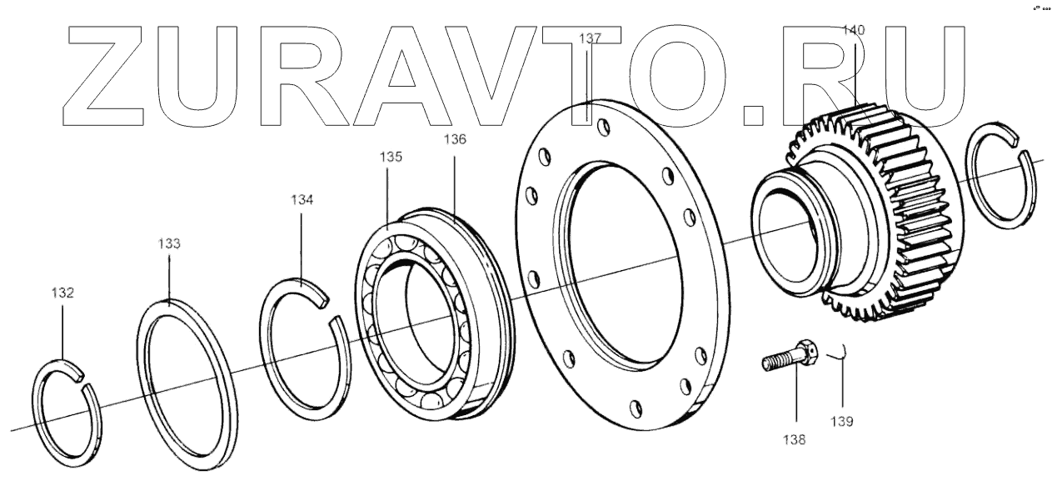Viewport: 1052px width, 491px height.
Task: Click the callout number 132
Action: tap(62, 293)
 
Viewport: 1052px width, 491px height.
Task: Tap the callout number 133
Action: tap(169, 243)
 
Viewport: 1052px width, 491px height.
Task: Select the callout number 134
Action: tap(302, 200)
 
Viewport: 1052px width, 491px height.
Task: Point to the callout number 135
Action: tap(391, 156)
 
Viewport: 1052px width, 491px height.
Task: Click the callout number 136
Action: tap(455, 139)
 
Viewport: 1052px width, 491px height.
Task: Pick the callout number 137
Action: tap(590, 38)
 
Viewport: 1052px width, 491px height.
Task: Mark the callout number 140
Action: tap(854, 30)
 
